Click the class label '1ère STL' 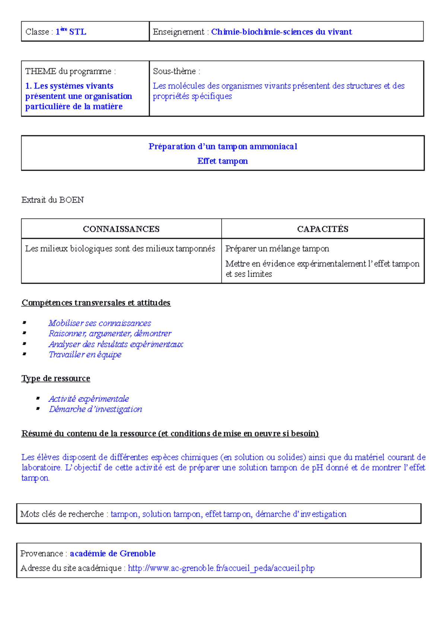[x=71, y=32]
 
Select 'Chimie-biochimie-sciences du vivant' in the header [x=281, y=32]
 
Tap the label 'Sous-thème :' [x=176, y=71]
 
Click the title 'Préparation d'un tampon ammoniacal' [x=223, y=147]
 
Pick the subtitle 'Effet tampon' [x=222, y=161]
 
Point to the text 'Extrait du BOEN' [x=53, y=200]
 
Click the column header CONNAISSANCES [x=121, y=229]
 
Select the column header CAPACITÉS [x=323, y=229]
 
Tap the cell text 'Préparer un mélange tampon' [x=277, y=249]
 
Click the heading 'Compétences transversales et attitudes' [x=96, y=303]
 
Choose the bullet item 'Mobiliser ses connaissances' [x=99, y=323]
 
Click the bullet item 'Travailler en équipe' [x=85, y=355]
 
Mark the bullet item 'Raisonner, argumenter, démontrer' [x=110, y=333]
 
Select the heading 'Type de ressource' [x=56, y=379]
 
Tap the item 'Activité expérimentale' [x=89, y=399]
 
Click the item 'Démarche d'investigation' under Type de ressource [x=95, y=409]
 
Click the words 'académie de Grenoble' [x=112, y=554]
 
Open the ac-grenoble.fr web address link [x=221, y=568]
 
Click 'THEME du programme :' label [x=70, y=71]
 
